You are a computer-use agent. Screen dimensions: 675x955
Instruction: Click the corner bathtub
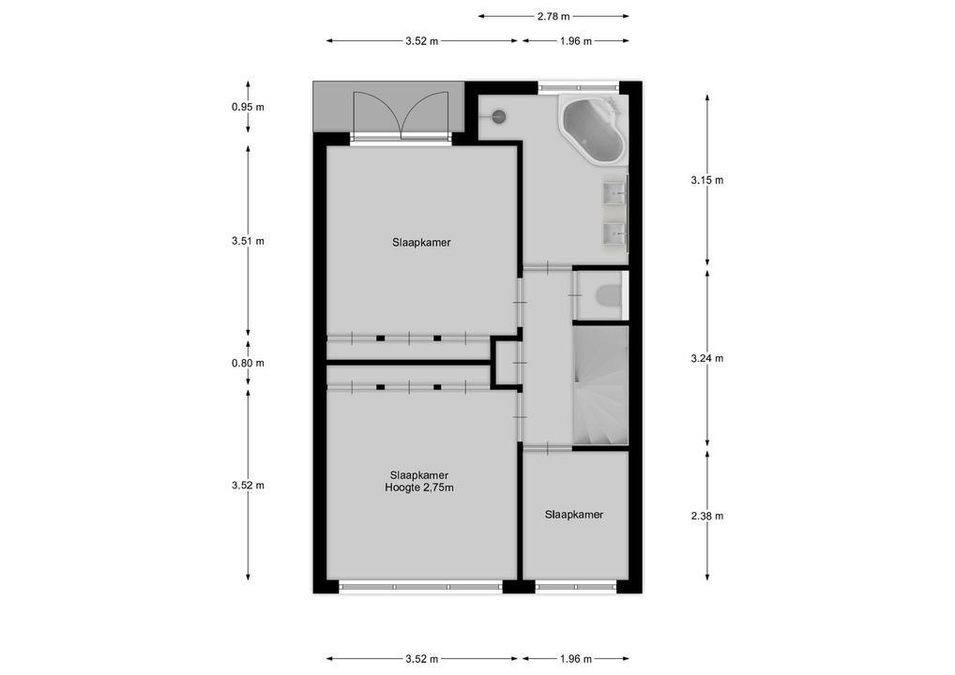[592, 131]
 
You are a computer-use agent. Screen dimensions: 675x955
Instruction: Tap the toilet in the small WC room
[608, 296]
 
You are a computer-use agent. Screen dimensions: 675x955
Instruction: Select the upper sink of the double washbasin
[615, 194]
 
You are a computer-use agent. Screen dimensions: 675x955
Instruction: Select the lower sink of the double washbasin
[615, 232]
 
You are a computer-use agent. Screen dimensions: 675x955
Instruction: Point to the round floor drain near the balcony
[499, 116]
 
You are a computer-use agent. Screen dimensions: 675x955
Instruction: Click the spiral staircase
[600, 385]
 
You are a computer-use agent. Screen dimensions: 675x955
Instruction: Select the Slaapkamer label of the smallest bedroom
[574, 515]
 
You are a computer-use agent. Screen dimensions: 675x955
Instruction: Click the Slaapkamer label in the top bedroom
[421, 242]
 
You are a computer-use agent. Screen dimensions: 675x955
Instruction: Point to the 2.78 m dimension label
[553, 16]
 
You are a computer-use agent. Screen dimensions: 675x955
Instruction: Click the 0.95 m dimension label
[248, 107]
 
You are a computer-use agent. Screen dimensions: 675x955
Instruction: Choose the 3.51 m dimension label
[248, 241]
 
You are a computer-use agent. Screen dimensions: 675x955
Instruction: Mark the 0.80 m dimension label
[248, 364]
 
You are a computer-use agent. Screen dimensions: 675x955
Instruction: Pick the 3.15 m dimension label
[707, 180]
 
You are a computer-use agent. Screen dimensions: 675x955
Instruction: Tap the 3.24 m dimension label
[707, 358]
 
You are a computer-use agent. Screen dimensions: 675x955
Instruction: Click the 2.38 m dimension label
[707, 516]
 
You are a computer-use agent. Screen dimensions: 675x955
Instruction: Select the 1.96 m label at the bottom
[575, 658]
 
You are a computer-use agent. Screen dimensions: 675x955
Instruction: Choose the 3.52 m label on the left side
[248, 486]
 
